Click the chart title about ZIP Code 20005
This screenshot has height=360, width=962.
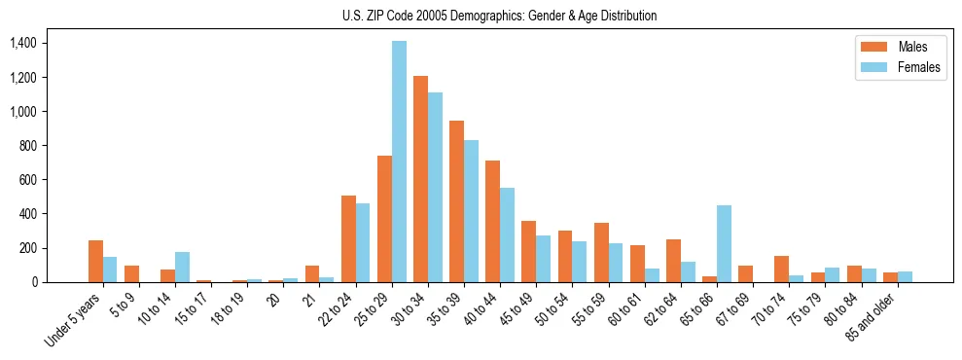pyautogui.click(x=499, y=16)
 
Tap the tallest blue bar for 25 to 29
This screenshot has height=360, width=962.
pyautogui.click(x=399, y=162)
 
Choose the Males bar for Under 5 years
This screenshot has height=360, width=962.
pyautogui.click(x=95, y=261)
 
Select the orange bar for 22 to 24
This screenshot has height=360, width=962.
pyautogui.click(x=348, y=238)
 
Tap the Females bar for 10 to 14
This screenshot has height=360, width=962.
pyautogui.click(x=182, y=267)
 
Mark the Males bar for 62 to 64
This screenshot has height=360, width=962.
pyautogui.click(x=673, y=261)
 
